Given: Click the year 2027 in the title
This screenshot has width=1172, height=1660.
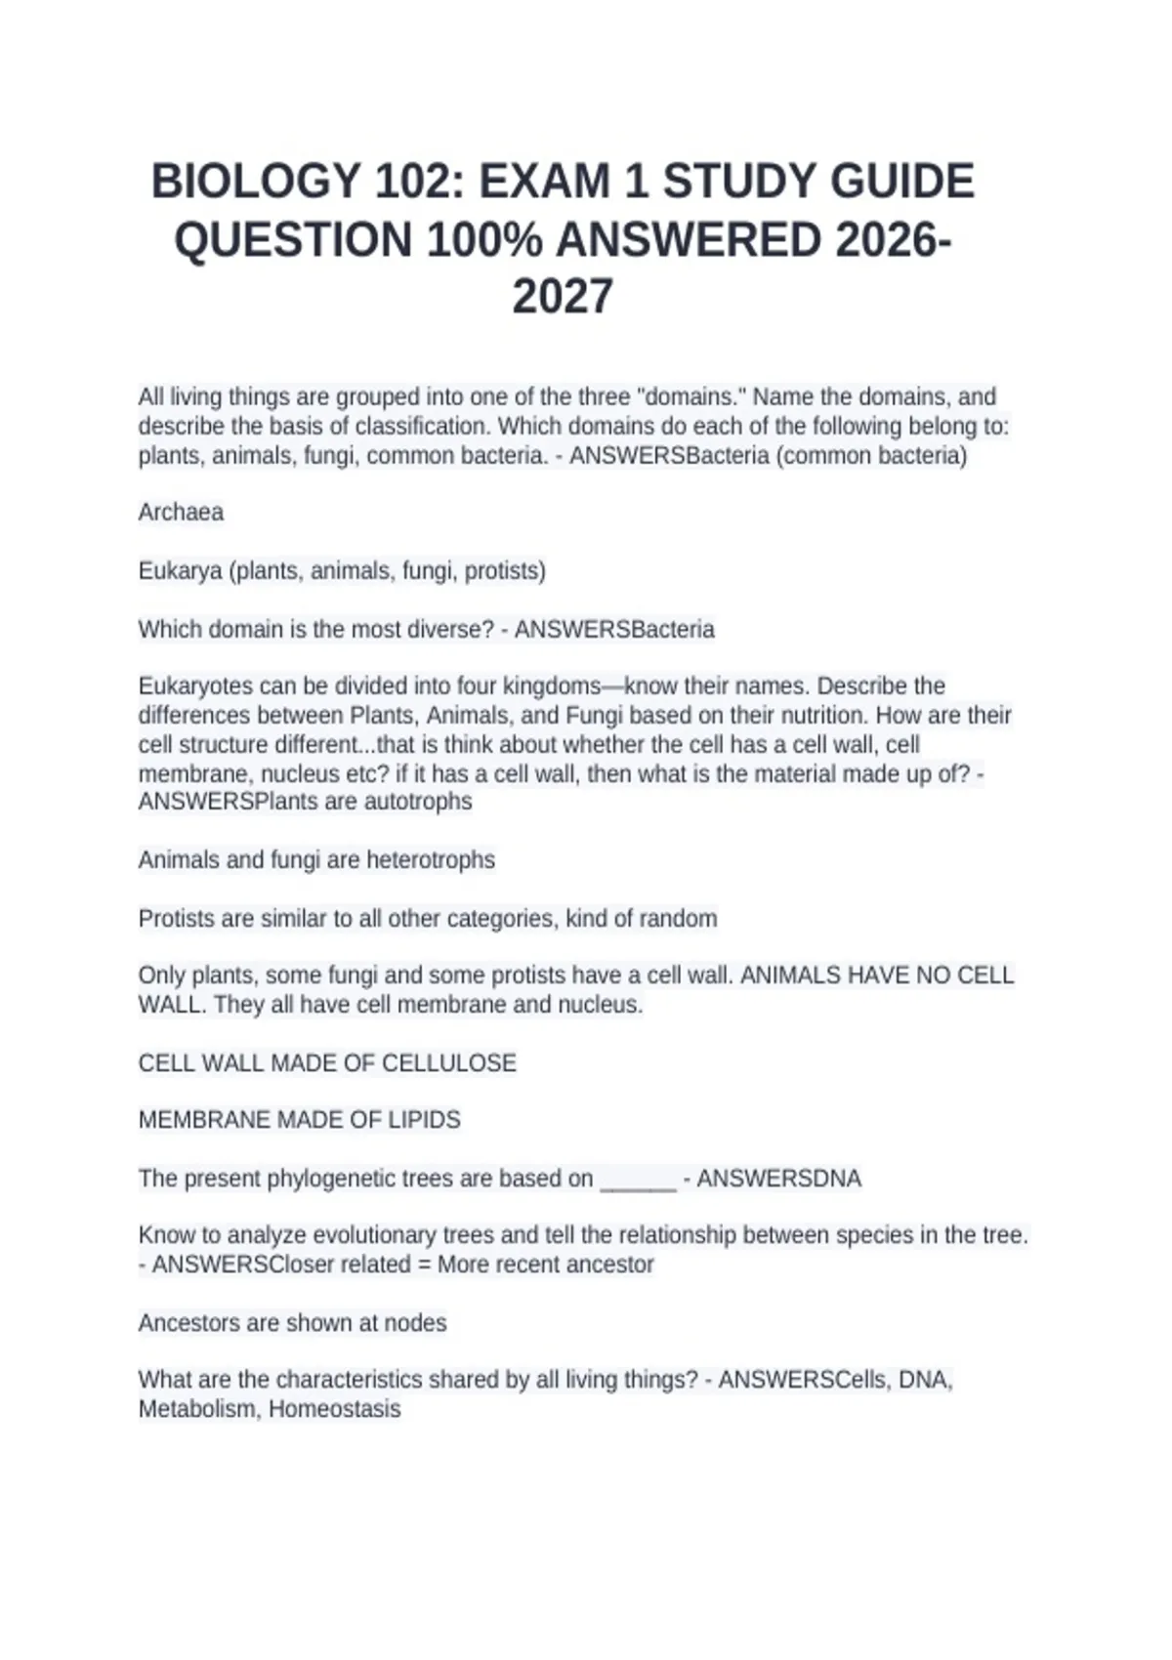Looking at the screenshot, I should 563,297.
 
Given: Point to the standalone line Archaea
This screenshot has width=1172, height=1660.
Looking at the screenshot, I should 181,513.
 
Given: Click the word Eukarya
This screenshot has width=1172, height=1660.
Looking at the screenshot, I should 180,571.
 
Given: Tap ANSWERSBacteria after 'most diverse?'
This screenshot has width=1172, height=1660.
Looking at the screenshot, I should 614,630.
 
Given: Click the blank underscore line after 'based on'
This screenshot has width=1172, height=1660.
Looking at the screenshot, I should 638,1180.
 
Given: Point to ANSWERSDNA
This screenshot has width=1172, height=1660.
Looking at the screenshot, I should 778,1179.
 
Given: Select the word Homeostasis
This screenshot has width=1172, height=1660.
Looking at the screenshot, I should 334,1409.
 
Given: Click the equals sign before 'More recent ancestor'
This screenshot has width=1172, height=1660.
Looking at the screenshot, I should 424,1265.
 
